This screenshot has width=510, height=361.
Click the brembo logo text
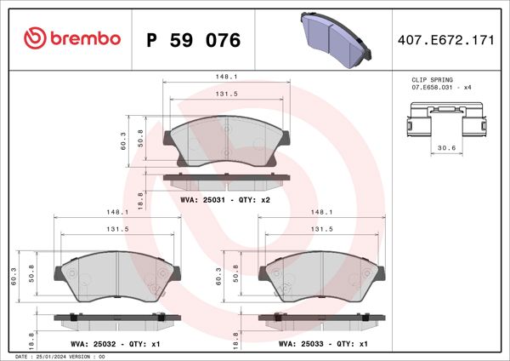(x=72, y=39)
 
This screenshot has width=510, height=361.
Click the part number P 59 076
(x=194, y=40)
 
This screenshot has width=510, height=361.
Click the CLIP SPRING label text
(x=430, y=79)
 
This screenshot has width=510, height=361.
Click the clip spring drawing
(x=445, y=119)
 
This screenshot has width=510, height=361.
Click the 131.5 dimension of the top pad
(x=225, y=94)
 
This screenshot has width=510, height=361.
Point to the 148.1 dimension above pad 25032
(x=116, y=212)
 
